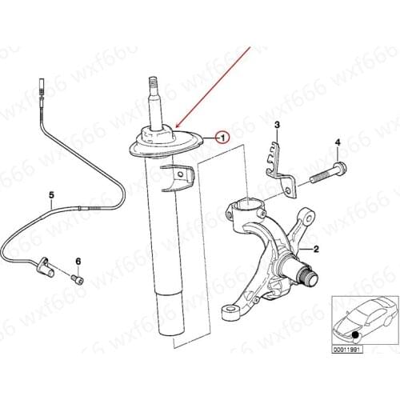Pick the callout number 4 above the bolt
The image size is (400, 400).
pos(337,142)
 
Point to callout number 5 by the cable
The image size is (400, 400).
pos(51,194)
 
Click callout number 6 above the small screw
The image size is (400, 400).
pos(78,262)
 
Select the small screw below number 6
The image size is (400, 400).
pos(78,279)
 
